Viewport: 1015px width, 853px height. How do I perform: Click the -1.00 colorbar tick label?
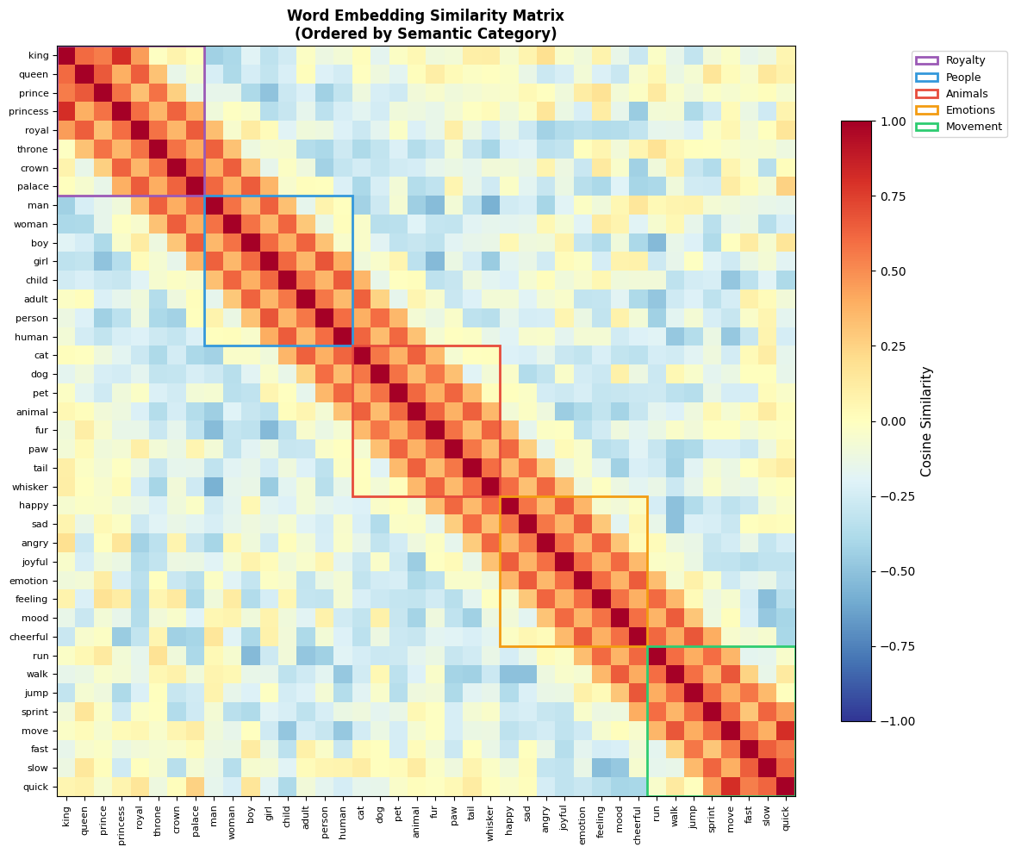pos(894,721)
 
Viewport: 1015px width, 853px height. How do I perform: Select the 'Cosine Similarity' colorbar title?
pos(927,420)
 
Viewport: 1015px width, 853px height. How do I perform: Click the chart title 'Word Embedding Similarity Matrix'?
pos(426,16)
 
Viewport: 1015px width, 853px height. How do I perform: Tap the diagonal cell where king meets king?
pos(66,56)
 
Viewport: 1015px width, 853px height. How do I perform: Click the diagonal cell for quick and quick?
pos(786,787)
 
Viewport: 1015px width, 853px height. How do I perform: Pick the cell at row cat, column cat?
pos(361,356)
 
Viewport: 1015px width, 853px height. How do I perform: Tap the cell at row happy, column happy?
pos(509,506)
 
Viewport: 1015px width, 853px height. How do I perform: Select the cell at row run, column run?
pos(657,656)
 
